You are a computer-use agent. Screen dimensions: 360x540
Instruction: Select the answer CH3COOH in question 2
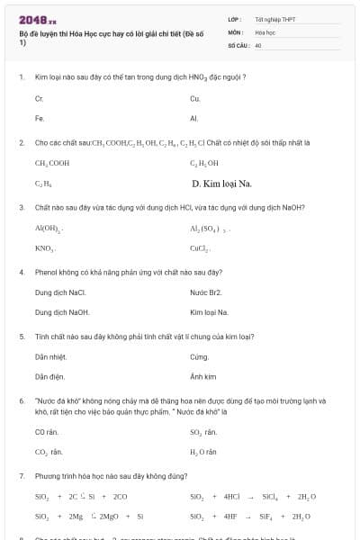click(x=52, y=163)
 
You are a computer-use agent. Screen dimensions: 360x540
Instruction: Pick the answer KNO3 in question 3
click(x=45, y=248)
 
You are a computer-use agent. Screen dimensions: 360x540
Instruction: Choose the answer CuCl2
click(x=200, y=248)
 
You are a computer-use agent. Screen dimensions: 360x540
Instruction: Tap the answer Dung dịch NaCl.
click(x=60, y=292)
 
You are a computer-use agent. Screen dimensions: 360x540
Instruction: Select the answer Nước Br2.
click(x=206, y=292)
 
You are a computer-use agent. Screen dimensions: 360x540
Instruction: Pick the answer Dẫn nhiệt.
click(x=51, y=356)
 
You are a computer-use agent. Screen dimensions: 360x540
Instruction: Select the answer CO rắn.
click(x=47, y=432)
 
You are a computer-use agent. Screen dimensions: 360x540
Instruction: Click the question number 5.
click(x=22, y=337)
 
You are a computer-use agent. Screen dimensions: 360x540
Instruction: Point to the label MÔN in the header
click(x=236, y=31)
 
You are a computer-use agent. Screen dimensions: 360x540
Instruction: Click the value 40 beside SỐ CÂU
click(x=258, y=44)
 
